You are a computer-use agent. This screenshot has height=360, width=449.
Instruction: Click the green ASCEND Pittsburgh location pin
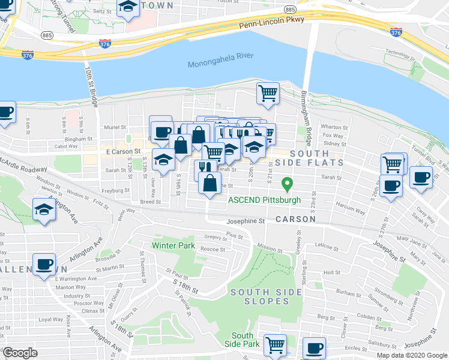point(288,184)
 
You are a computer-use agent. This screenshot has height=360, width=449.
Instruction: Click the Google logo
point(20,353)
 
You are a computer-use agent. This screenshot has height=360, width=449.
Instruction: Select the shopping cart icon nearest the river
point(268,92)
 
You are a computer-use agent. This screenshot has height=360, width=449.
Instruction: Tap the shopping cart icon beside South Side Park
point(275,344)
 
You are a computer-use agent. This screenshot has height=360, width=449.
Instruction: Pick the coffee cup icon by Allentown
point(44,263)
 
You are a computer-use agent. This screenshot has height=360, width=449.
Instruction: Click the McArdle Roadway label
point(23,169)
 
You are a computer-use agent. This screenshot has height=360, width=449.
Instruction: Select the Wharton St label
point(331,127)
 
